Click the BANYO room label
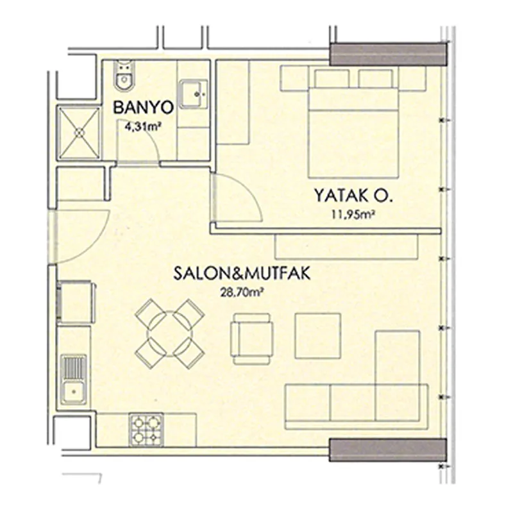pos(143,108)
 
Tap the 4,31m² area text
pos(143,126)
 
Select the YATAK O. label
pos(353,196)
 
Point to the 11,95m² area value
pos(353,215)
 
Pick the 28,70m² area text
pos(242,292)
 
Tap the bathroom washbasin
pos(194,94)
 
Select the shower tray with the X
pos(79,133)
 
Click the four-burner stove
pos(146,429)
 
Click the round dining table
pos(170,333)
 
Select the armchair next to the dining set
pos(252,339)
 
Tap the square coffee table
pos(318,336)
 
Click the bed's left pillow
pos(332,78)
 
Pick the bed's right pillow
pos(376,78)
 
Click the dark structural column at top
pos(388,55)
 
